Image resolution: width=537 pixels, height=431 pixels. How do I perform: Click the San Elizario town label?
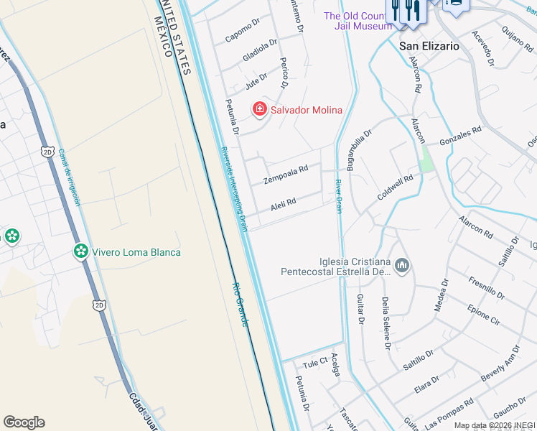pyautogui.click(x=429, y=45)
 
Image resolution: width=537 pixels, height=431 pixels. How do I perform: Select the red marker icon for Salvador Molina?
pyautogui.click(x=259, y=110)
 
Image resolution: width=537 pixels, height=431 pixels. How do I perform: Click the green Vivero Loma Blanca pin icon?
pyautogui.click(x=81, y=251)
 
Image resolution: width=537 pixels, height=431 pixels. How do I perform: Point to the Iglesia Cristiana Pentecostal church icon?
pyautogui.click(x=402, y=267)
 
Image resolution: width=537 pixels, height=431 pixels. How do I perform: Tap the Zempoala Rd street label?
pyautogui.click(x=286, y=174)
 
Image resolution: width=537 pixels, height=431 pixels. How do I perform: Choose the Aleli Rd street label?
pyautogui.click(x=283, y=205)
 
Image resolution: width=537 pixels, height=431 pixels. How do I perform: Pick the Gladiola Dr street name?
pyautogui.click(x=260, y=50)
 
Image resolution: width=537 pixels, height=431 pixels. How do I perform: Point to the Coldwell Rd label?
pyautogui.click(x=396, y=188)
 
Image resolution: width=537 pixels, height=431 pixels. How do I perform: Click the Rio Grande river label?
pyautogui.click(x=239, y=304)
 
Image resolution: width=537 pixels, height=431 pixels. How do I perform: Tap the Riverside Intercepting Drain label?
pyautogui.click(x=233, y=189)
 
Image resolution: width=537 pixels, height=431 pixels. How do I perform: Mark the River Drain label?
pyautogui.click(x=338, y=196)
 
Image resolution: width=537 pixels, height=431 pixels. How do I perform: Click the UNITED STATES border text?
pyautogui.click(x=178, y=36)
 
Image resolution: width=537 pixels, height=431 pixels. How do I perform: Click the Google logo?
pyautogui.click(x=24, y=422)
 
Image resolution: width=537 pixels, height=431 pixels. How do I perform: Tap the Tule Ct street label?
pyautogui.click(x=315, y=362)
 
